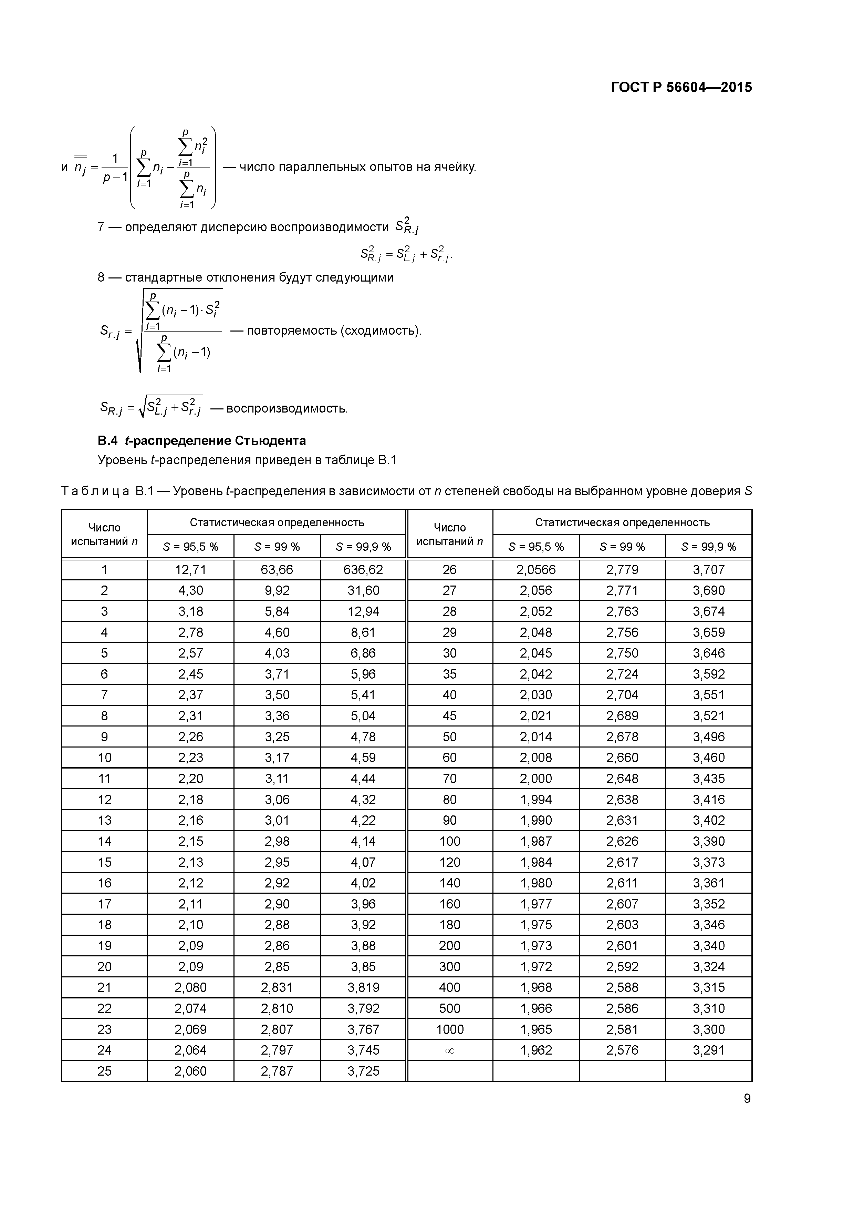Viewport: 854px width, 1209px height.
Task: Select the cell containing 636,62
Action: [363, 570]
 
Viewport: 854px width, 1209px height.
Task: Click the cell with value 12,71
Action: [190, 570]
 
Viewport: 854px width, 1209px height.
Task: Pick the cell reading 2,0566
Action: [536, 570]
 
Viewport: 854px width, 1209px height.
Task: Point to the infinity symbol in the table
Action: [449, 1050]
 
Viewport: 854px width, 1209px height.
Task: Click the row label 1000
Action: [449, 1029]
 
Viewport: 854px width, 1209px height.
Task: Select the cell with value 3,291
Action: [708, 1050]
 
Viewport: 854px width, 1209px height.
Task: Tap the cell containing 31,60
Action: [363, 591]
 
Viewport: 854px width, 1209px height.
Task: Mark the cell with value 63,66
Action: [277, 570]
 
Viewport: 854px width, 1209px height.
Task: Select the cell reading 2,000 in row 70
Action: [536, 779]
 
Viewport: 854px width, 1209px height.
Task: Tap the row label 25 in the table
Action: [104, 1071]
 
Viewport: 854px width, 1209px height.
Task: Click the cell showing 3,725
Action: [363, 1071]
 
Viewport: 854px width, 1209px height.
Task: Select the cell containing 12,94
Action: [363, 611]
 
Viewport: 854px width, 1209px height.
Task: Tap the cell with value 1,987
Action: [536, 842]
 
